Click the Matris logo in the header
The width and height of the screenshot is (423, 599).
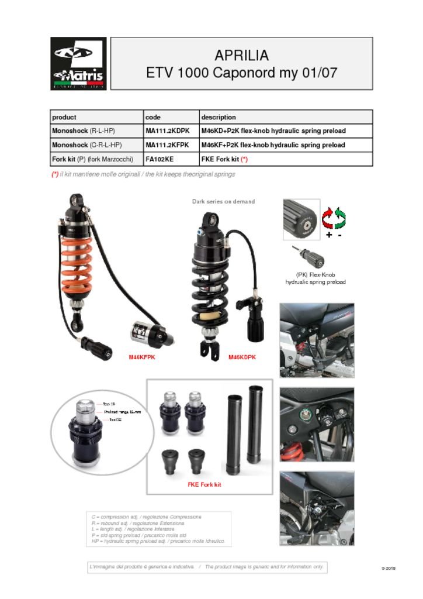pyautogui.click(x=78, y=63)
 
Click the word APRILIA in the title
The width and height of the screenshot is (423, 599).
pyautogui.click(x=241, y=56)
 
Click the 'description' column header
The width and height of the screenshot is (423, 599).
pyautogui.click(x=219, y=117)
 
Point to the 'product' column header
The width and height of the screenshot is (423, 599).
pyautogui.click(x=64, y=117)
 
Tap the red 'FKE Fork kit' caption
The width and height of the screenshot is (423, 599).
pyautogui.click(x=204, y=484)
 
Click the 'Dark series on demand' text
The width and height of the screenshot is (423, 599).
pyautogui.click(x=223, y=202)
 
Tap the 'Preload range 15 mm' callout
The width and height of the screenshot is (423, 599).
pyautogui.click(x=122, y=412)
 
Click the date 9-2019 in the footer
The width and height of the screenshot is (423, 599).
pyautogui.click(x=388, y=568)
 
